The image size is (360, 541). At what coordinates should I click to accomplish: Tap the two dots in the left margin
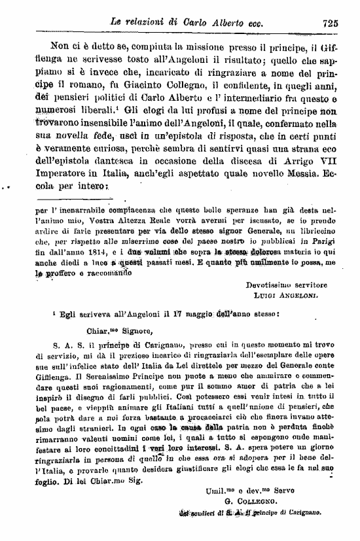(x=9, y=188)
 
